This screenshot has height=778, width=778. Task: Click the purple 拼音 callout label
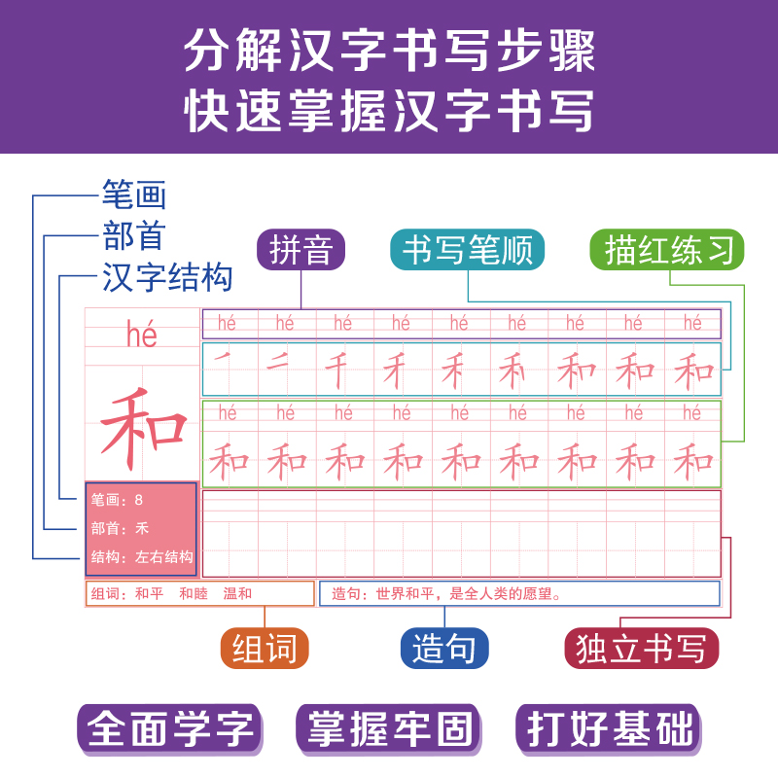(301, 250)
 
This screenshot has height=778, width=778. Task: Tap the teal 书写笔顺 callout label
(467, 250)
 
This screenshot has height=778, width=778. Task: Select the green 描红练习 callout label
(667, 250)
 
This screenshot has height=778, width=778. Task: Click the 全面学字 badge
(170, 728)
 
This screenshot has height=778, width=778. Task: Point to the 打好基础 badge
(608, 728)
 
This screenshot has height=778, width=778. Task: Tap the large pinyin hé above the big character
(142, 335)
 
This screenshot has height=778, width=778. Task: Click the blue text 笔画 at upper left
(134, 195)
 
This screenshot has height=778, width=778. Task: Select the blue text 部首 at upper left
(134, 236)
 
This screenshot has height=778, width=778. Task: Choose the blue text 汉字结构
(167, 277)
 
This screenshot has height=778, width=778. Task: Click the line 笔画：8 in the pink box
(118, 500)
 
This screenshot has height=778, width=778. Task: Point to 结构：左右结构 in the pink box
(142, 558)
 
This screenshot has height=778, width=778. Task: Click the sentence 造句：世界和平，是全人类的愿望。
(448, 593)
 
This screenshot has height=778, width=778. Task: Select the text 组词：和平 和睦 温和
(172, 593)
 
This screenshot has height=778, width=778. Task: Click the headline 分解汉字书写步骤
(389, 51)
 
